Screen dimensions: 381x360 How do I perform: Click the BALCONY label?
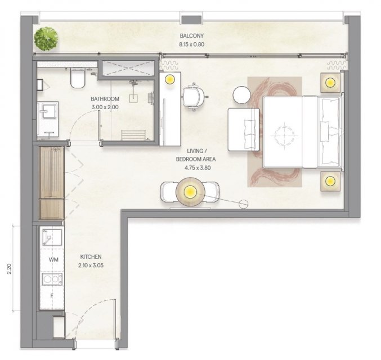tap(191, 35)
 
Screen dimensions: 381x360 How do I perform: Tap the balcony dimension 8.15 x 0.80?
tap(191, 44)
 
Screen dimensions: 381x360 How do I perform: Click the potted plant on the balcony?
tap(46, 39)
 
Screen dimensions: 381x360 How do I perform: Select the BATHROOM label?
tap(105, 99)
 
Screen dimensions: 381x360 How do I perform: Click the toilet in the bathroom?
tap(78, 78)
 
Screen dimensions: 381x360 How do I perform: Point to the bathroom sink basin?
tap(50, 111)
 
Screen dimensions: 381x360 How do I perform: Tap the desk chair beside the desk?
tap(194, 97)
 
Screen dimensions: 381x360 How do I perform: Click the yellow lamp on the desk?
tap(169, 79)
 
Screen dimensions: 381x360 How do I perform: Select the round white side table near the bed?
tap(241, 95)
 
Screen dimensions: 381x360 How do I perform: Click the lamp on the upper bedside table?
tap(330, 83)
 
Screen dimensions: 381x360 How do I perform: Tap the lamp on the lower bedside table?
tap(330, 181)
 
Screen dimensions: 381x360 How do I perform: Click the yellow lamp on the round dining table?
tap(190, 192)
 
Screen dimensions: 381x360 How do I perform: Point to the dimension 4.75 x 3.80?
tap(198, 168)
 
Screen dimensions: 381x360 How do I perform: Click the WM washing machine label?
tap(53, 260)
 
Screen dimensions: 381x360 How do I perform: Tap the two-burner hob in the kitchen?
tap(52, 279)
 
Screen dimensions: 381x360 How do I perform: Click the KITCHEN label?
tap(91, 256)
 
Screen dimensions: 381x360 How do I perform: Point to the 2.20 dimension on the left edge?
tap(9, 269)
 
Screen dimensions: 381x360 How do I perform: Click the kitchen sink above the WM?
tap(52, 237)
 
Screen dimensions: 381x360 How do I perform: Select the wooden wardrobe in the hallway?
tap(52, 183)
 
